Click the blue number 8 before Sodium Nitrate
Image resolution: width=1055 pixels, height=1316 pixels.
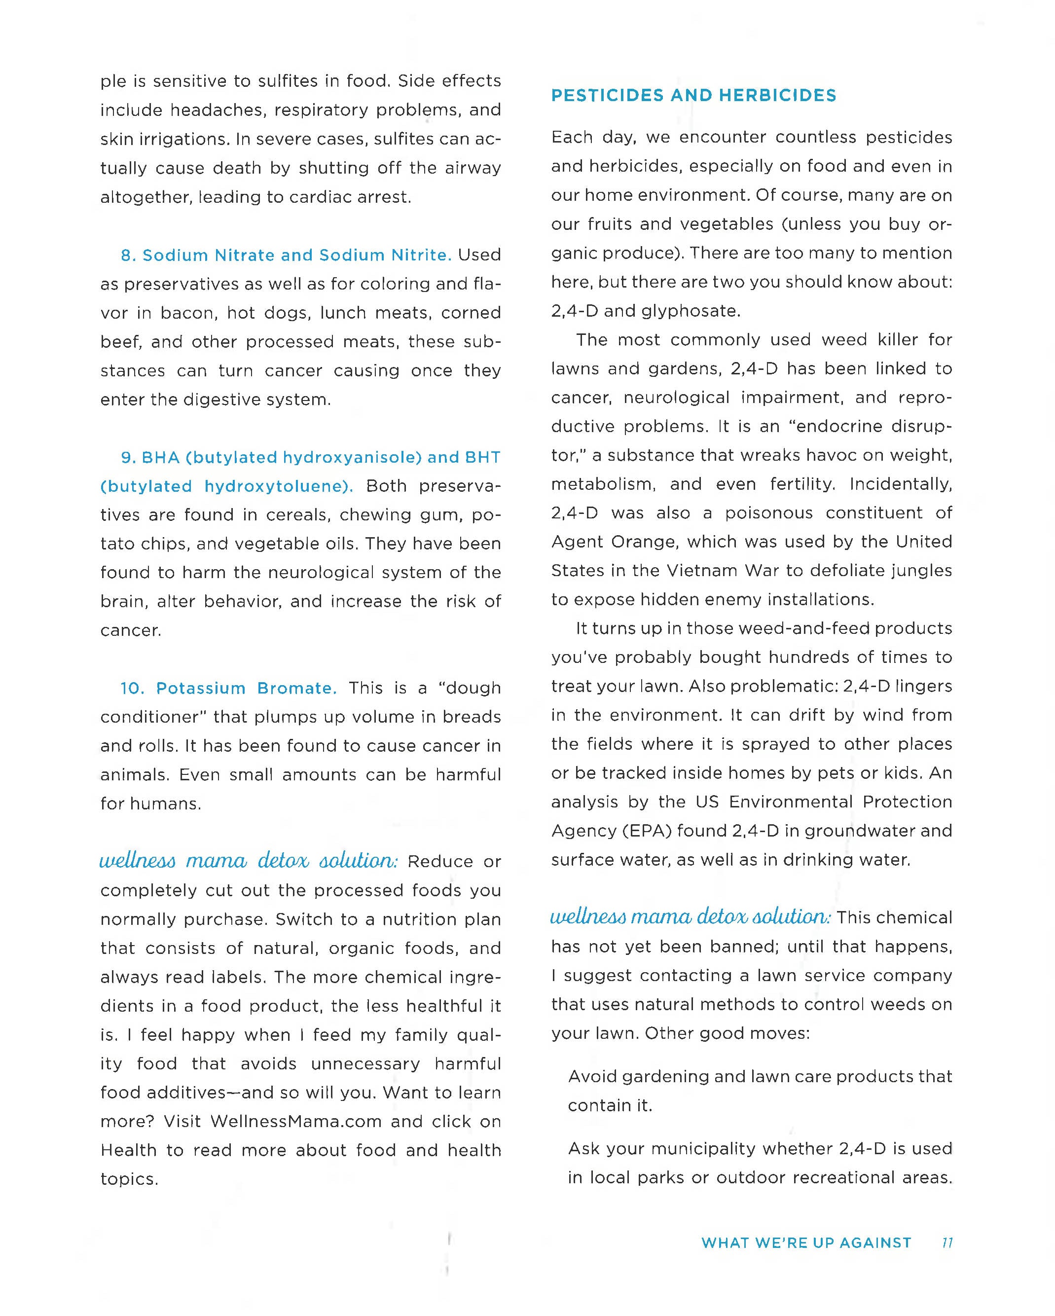(x=126, y=255)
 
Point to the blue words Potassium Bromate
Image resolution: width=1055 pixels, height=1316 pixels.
(x=246, y=688)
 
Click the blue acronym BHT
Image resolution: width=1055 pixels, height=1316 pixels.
(x=483, y=457)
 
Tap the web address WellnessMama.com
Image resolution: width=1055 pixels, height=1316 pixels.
(x=296, y=1121)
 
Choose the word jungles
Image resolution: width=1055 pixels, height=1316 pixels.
(x=921, y=570)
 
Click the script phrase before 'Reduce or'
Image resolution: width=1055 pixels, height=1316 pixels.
(x=249, y=861)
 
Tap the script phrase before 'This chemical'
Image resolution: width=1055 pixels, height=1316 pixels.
(x=690, y=917)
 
